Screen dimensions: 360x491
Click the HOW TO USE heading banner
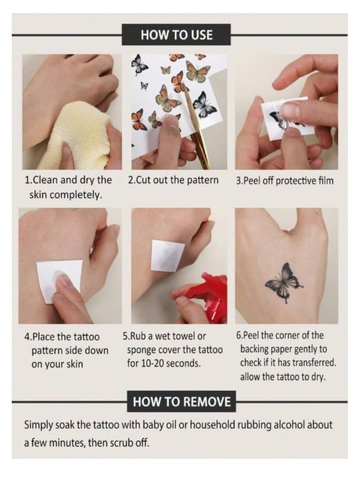pyautogui.click(x=176, y=34)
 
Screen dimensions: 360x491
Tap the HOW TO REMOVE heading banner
pyautogui.click(x=181, y=402)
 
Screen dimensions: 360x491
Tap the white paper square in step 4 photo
pyautogui.click(x=59, y=280)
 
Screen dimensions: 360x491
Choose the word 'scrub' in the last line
pyautogui.click(x=122, y=443)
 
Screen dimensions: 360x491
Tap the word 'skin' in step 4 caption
pyautogui.click(x=75, y=364)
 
